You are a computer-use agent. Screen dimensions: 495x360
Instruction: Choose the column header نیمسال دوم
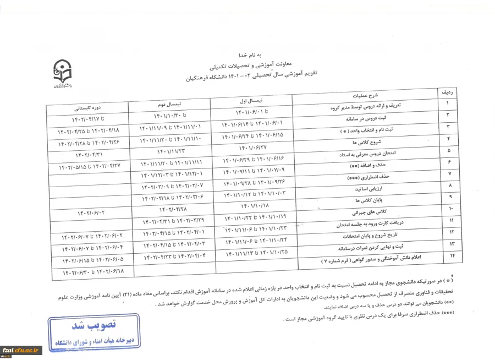pos(170,103)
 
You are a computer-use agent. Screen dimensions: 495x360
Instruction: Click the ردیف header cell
pos(446,92)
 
